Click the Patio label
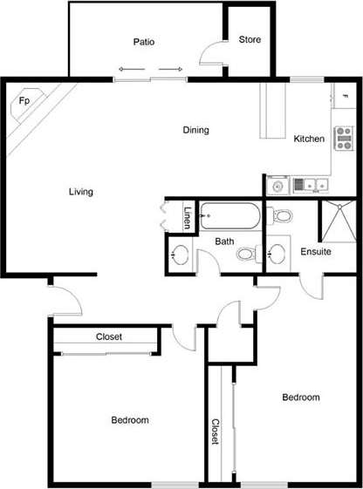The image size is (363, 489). [x=144, y=41]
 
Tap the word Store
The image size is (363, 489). [x=250, y=40]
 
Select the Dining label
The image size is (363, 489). [x=195, y=131]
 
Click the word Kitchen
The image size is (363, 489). [x=309, y=139]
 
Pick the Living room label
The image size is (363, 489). [x=81, y=192]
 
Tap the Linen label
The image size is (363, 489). [x=187, y=217]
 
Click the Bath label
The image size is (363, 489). [x=224, y=241]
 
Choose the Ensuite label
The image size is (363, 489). [x=315, y=252]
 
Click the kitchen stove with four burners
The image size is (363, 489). [x=344, y=138]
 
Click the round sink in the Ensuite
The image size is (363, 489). [x=278, y=254]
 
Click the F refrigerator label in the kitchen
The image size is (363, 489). [x=346, y=95]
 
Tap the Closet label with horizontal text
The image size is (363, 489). [x=108, y=337]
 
